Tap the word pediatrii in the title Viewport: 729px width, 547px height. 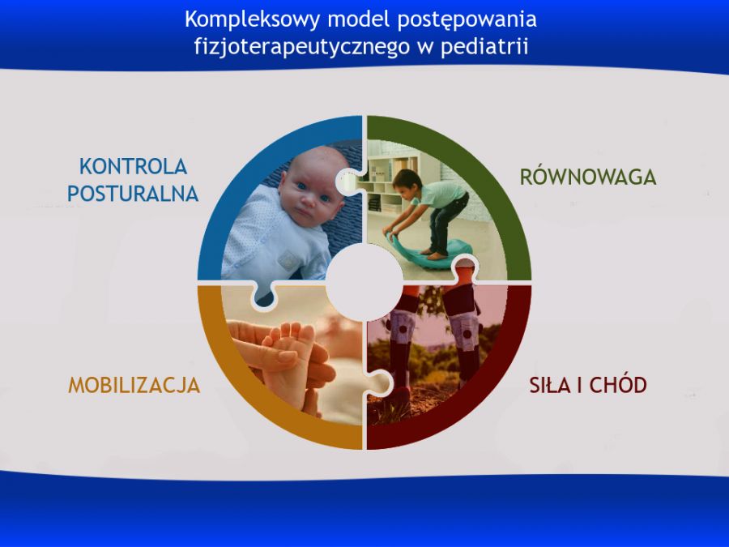point(484,47)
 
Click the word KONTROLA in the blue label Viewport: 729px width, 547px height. point(133,166)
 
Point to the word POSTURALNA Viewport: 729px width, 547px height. point(133,194)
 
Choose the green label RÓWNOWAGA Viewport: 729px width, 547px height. point(588,177)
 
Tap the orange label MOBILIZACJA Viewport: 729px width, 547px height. point(134,386)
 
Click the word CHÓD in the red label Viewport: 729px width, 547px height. point(618,385)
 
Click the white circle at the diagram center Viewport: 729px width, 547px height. point(364,282)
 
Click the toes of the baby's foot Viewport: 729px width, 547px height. point(291,331)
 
